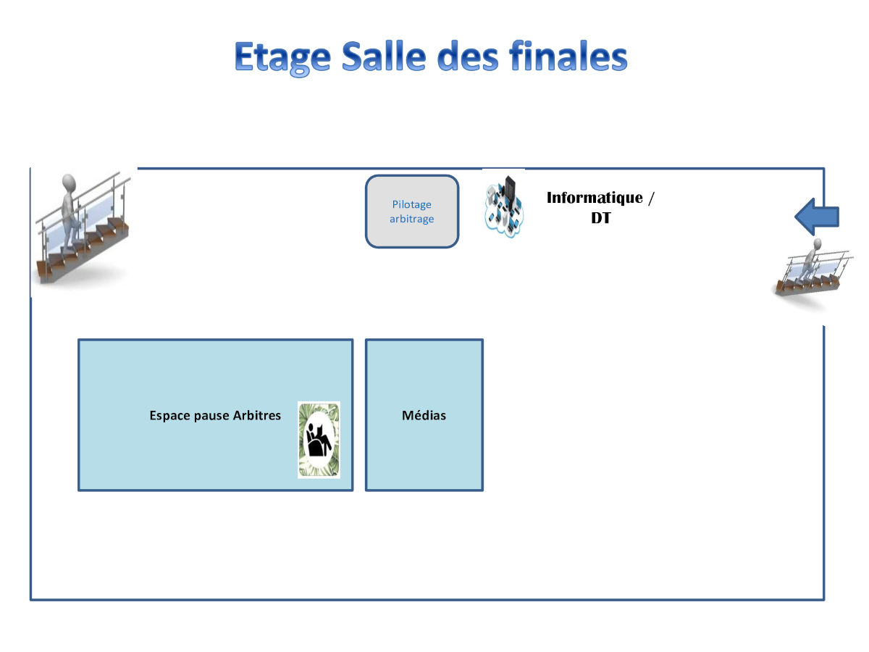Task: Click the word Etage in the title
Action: click(x=282, y=58)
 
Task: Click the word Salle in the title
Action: click(x=384, y=56)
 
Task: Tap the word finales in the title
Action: click(x=568, y=56)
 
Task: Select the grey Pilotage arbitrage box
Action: click(x=412, y=212)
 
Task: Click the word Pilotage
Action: click(x=412, y=205)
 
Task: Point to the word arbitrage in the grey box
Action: click(x=412, y=219)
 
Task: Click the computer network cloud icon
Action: click(x=504, y=207)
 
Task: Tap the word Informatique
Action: click(x=595, y=198)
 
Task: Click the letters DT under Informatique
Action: click(x=601, y=218)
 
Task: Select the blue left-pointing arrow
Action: click(x=816, y=217)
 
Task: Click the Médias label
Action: click(x=424, y=415)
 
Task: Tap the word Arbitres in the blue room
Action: click(x=256, y=415)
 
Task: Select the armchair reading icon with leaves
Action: click(x=319, y=440)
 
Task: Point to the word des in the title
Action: click(x=468, y=56)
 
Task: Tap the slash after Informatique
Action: click(x=651, y=198)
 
